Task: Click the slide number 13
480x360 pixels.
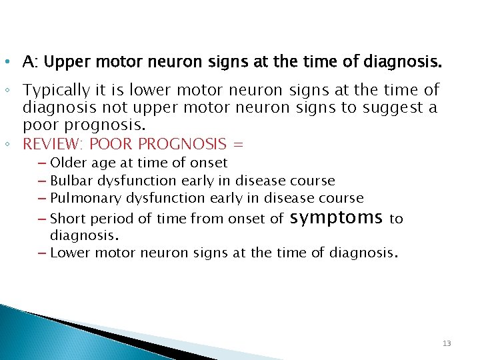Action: [447, 343]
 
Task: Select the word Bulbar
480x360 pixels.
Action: [72, 181]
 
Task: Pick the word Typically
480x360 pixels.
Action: [55, 90]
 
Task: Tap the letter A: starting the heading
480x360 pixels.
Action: [29, 63]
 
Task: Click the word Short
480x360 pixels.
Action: [68, 219]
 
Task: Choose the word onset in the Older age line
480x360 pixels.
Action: [209, 163]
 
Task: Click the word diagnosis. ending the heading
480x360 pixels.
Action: [401, 63]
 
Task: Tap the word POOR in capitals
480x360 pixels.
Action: [107, 144]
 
